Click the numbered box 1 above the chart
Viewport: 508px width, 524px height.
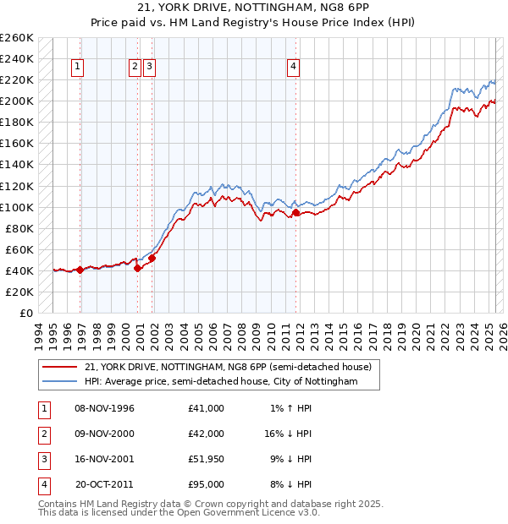78,68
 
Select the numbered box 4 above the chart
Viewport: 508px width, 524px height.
292,68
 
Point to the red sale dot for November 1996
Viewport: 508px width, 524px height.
80,270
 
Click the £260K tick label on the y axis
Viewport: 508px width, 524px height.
17,38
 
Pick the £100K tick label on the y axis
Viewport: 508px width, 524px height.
17,207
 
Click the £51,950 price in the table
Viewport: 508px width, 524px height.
207,459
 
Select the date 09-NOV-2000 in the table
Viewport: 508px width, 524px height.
105,434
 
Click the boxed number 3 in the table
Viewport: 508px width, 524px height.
42,459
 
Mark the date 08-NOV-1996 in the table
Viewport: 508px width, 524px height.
105,408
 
